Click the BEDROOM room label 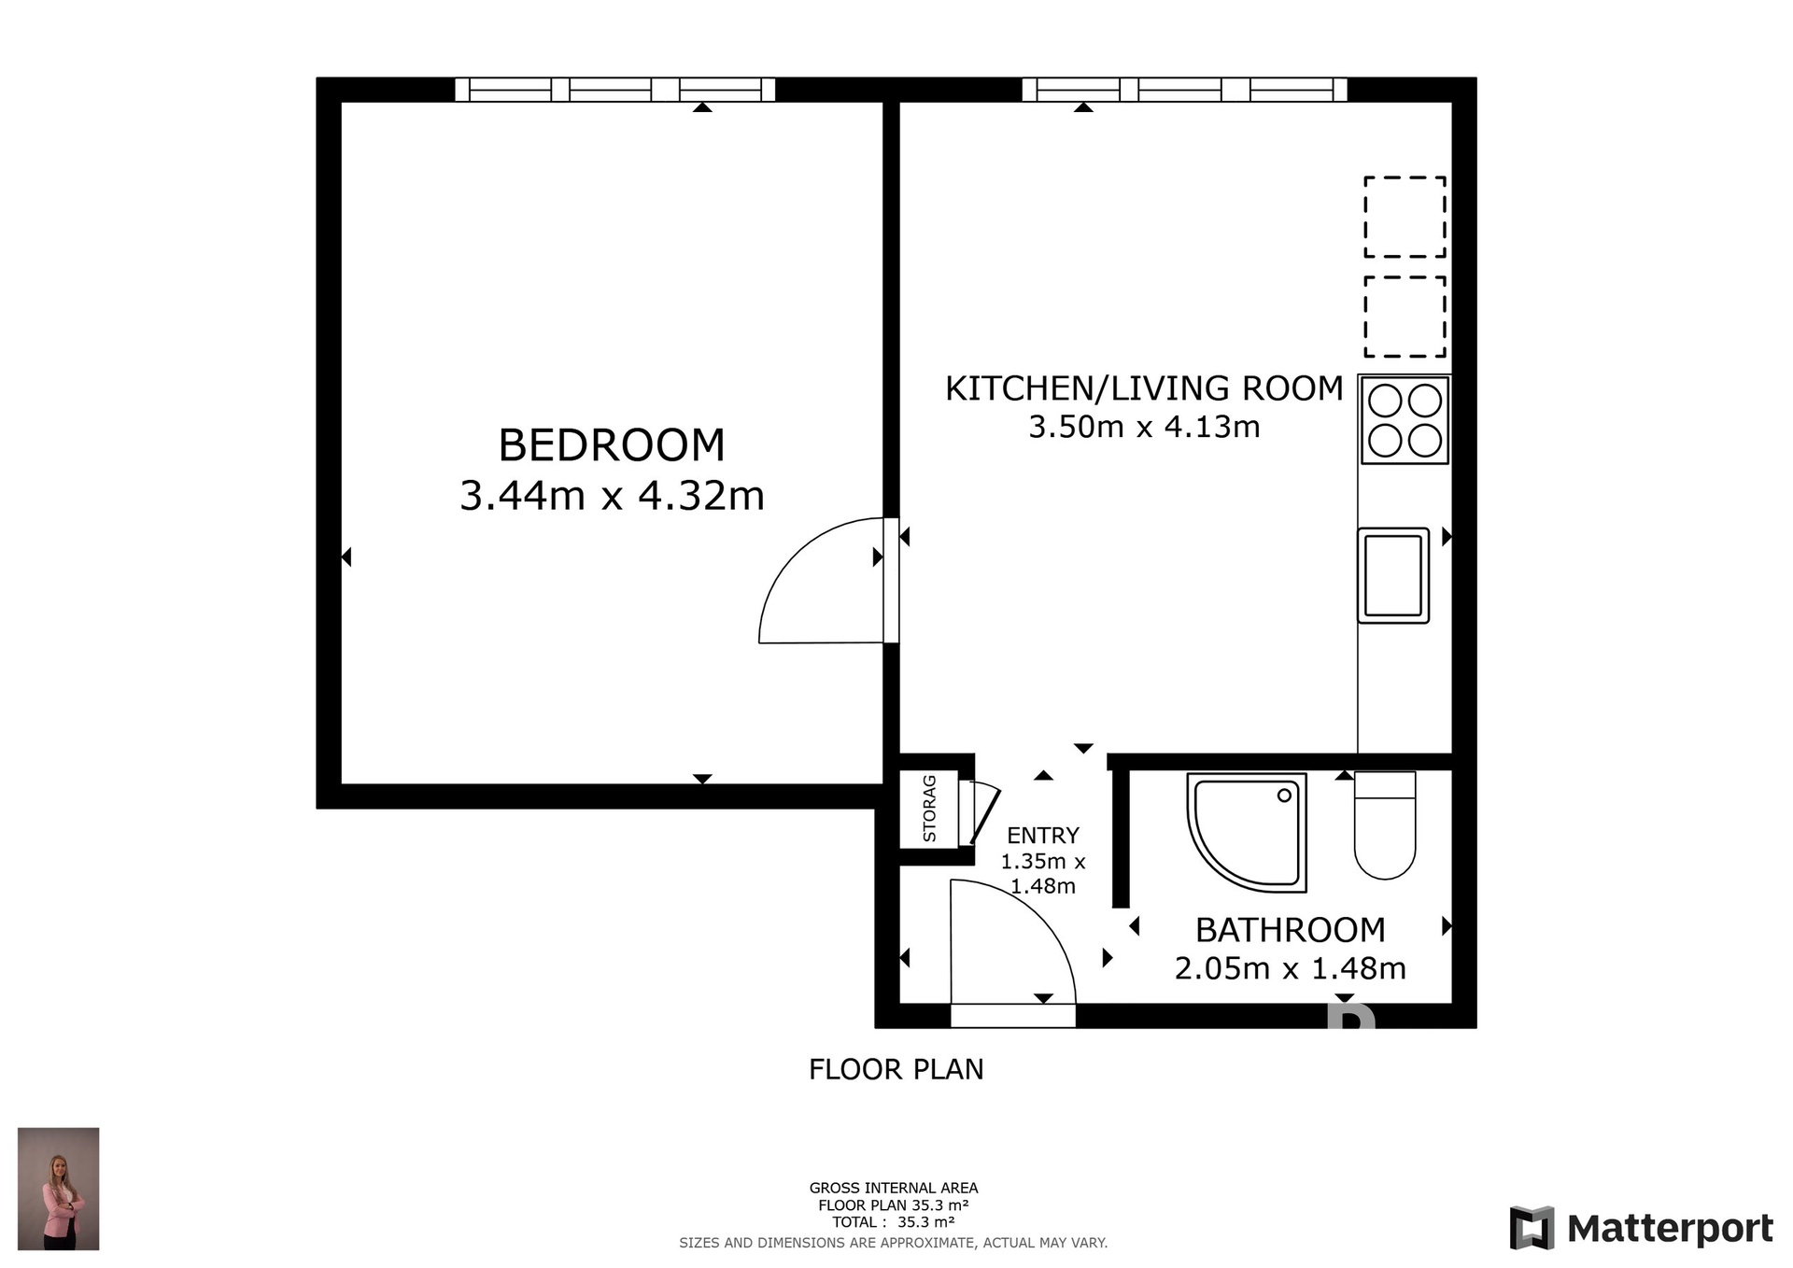pos(612,445)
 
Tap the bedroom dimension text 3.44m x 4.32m pos(612,496)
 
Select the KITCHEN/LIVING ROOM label pos(1144,388)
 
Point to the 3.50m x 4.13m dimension pos(1144,427)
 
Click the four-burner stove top pos(1405,420)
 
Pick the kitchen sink pos(1393,575)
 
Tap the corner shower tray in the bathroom pos(1247,832)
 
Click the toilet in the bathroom pos(1385,825)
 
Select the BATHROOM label pos(1291,930)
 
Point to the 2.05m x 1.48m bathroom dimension pos(1291,968)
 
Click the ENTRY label pos(1043,836)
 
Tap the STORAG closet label pos(929,809)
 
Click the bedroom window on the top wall pos(615,90)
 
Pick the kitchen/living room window pos(1184,90)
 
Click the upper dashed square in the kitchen pos(1405,217)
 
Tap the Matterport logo pos(1641,1228)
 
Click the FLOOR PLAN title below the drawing pos(896,1069)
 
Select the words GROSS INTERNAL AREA pos(894,1188)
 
